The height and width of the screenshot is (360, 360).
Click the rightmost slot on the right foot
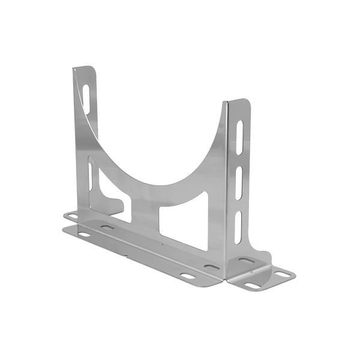click(x=282, y=274)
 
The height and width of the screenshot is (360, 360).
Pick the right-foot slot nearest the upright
click(x=246, y=261)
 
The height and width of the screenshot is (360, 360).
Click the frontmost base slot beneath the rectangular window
click(x=188, y=276)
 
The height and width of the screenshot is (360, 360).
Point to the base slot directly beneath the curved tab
click(x=107, y=227)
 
